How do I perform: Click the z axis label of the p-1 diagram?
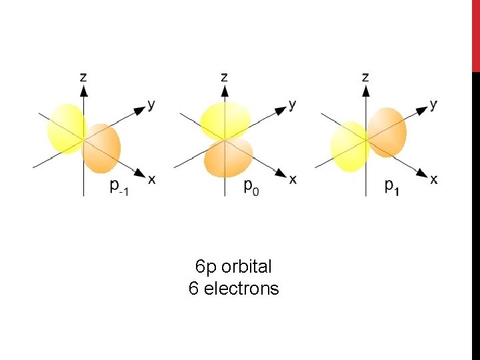point(83,77)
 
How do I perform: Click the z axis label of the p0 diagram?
point(224,77)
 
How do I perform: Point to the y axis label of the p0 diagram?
point(292,105)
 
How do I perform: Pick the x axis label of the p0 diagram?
point(293,179)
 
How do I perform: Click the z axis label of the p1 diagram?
point(365,77)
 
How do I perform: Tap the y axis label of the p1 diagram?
point(433,105)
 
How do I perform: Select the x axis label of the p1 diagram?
point(434,179)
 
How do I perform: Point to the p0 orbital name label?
point(251,187)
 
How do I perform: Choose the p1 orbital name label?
point(393,187)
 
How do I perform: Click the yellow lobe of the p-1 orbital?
point(65,128)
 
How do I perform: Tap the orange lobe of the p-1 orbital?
point(102,148)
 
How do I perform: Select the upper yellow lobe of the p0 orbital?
point(225,120)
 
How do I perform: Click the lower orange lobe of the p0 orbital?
point(227,158)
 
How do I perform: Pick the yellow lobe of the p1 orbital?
point(349,146)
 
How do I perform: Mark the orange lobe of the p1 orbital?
point(386,131)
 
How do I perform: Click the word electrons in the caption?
point(241,289)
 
